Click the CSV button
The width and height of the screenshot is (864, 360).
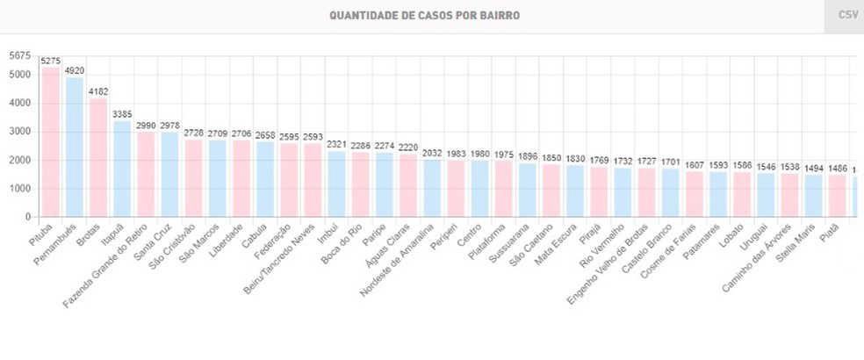(847, 16)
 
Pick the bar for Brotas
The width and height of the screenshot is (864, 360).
(98, 158)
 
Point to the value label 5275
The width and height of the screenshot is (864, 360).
(51, 61)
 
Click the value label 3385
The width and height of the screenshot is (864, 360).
(122, 114)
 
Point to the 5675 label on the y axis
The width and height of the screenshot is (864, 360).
(19, 56)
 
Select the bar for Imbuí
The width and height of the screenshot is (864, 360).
(336, 184)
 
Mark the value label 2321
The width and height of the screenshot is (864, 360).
(336, 144)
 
